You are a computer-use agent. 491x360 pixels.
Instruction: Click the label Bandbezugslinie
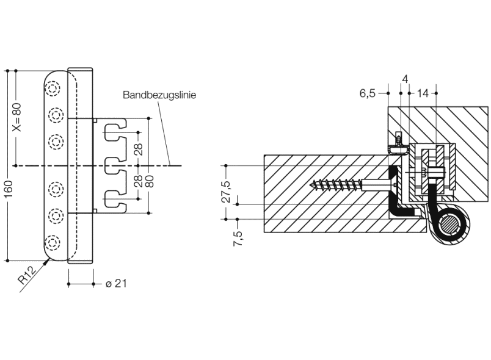(159, 96)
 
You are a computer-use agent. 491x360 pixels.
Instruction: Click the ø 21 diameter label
(116, 284)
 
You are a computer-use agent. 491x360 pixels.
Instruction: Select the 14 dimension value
(423, 93)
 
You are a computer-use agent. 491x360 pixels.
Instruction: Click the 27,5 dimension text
(226, 192)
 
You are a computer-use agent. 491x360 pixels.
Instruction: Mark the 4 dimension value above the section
(405, 80)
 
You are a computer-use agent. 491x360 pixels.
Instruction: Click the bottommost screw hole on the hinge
(54, 242)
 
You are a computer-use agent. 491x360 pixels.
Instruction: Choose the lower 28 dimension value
(139, 182)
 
